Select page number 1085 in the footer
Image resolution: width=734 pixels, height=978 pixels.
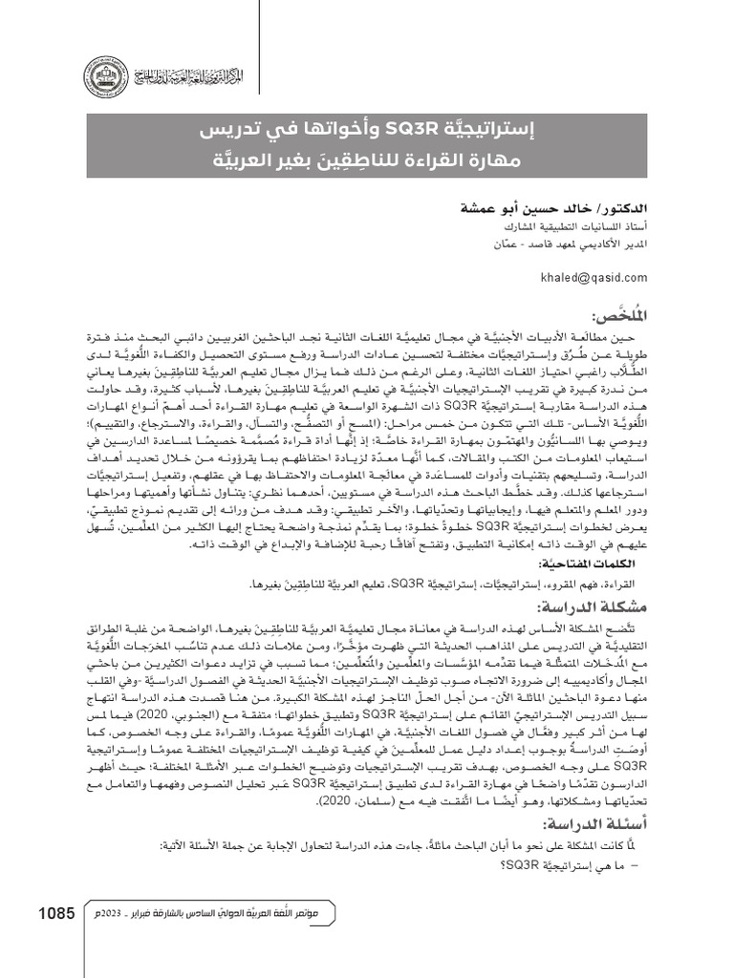[x=56, y=914]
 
